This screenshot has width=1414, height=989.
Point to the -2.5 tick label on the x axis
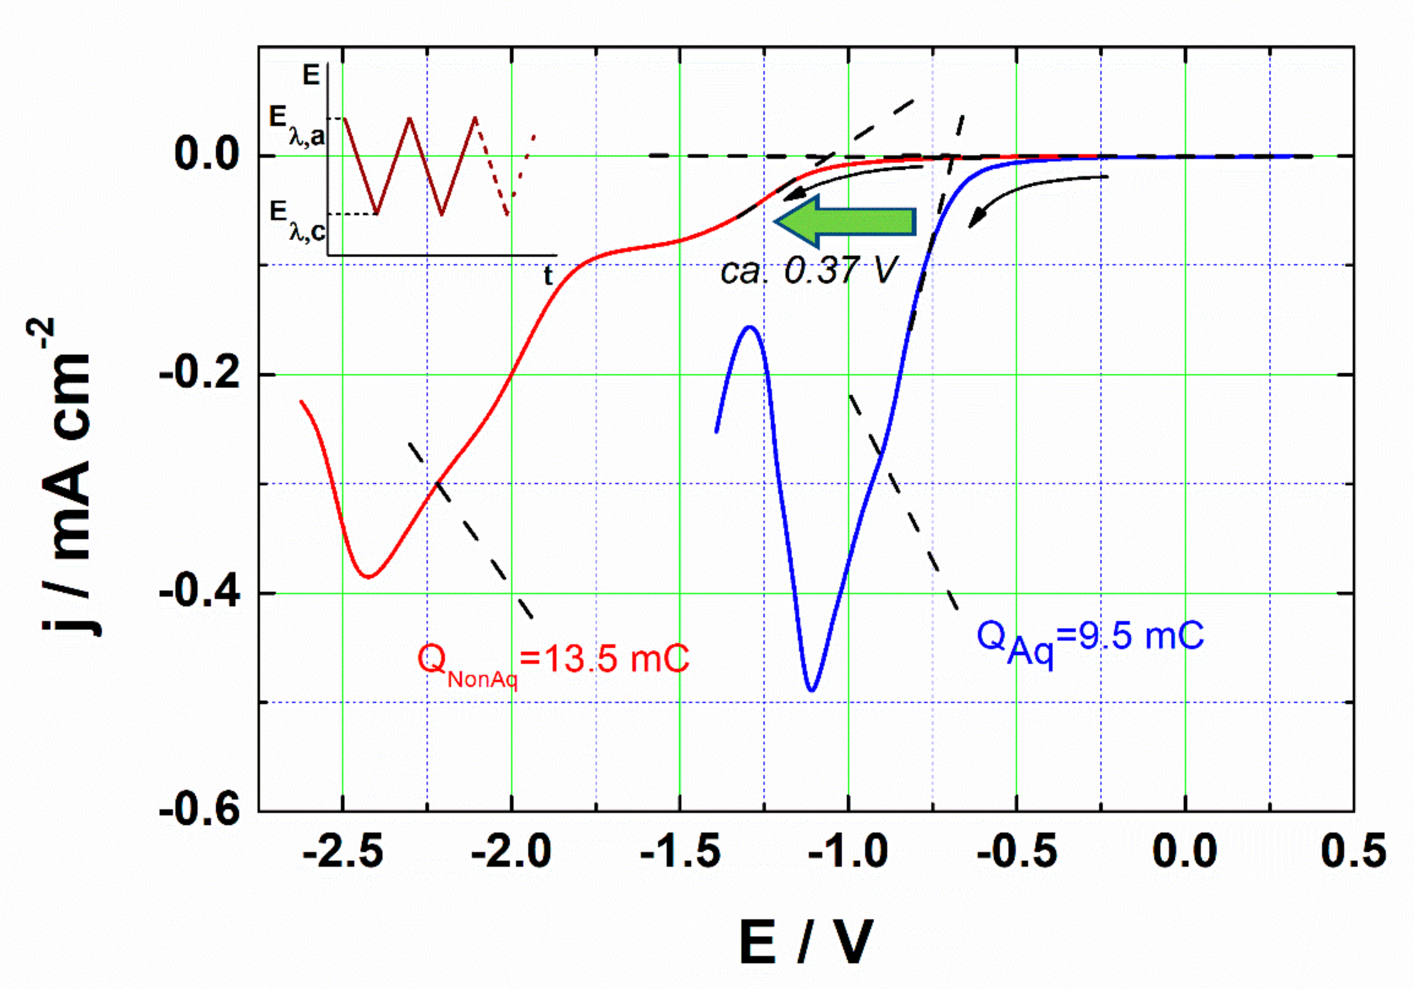(x=343, y=853)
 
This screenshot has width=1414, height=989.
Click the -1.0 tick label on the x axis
(x=848, y=853)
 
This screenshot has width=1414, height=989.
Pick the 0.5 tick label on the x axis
(x=1353, y=853)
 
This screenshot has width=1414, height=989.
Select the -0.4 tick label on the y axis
(x=199, y=593)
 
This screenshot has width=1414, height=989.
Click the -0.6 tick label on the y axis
(x=199, y=811)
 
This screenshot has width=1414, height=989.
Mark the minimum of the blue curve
(x=812, y=690)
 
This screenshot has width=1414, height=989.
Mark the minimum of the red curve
(x=368, y=577)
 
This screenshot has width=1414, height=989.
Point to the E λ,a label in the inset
(x=296, y=126)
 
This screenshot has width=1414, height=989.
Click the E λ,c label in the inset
(x=296, y=220)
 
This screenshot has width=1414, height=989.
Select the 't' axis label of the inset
(x=548, y=275)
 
